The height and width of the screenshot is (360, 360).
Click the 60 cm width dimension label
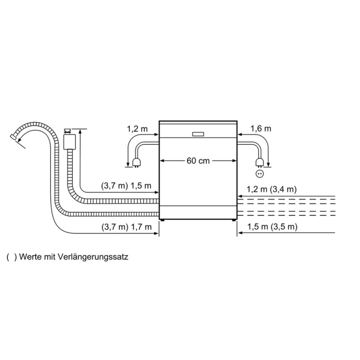coord(198,161)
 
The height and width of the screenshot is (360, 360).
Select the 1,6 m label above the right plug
coord(261,129)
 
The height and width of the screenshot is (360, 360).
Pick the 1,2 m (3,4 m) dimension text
coord(272,189)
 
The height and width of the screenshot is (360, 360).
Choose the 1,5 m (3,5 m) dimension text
coord(272,227)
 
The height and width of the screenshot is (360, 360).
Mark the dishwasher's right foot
coord(233,220)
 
